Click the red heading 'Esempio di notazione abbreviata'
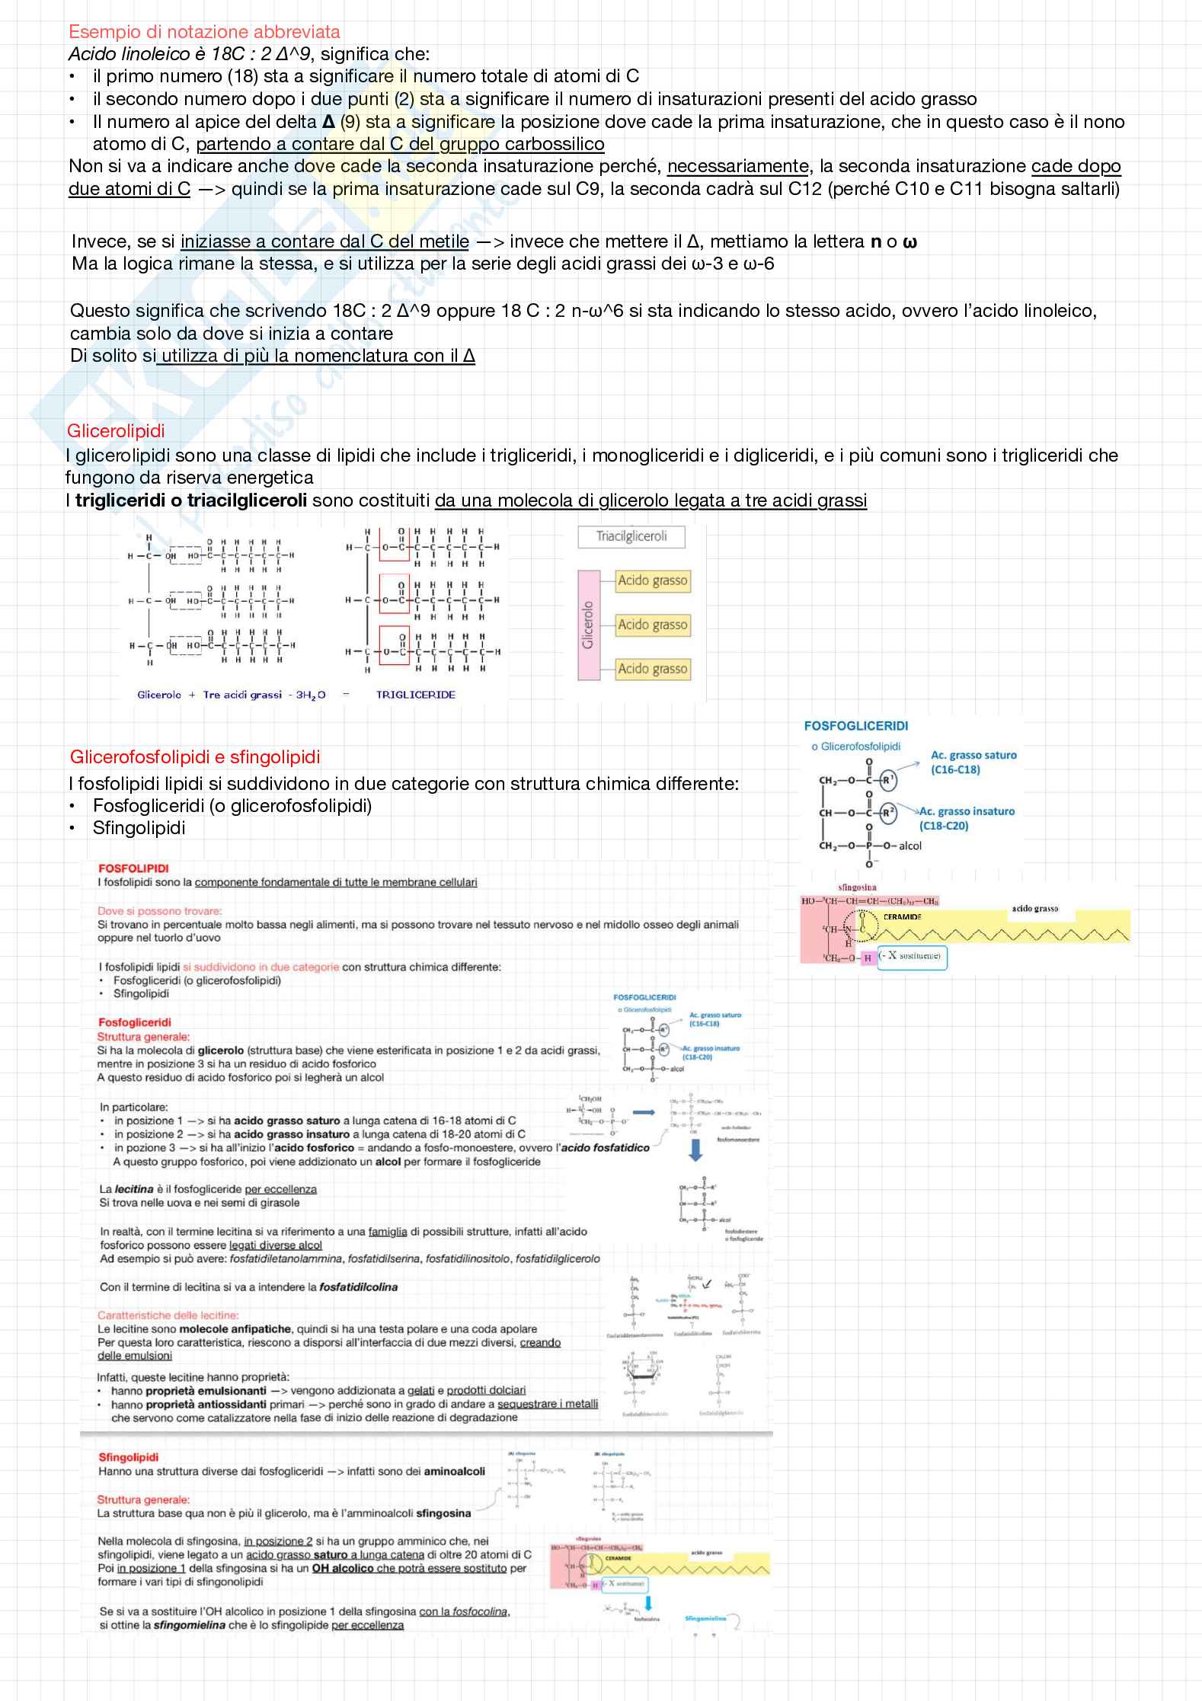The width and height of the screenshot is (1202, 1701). coord(204,32)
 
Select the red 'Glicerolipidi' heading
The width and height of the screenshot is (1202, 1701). coord(116,431)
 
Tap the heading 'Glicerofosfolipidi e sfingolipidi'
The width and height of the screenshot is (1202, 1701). coord(195,757)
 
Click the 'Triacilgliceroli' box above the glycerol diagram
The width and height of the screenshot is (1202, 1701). coord(631,536)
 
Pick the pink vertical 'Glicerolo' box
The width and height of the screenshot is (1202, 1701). coord(588,625)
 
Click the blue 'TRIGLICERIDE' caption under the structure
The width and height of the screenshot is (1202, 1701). coord(416,695)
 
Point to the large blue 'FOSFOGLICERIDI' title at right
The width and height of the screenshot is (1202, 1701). coord(855,726)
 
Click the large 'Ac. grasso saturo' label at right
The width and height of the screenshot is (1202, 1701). coord(973,755)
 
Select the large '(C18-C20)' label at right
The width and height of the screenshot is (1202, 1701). coord(943,826)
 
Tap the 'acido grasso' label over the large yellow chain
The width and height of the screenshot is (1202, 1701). coord(1034,909)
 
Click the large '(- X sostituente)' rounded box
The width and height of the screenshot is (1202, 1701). coord(912,956)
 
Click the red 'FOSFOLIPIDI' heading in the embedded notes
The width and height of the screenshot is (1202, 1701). coord(133,868)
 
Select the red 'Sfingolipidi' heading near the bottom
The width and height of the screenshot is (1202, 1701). coord(128,1457)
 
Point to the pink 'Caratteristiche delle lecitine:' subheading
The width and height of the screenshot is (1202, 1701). coord(168,1315)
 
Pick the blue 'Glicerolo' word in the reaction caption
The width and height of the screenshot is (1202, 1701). coord(159,695)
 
